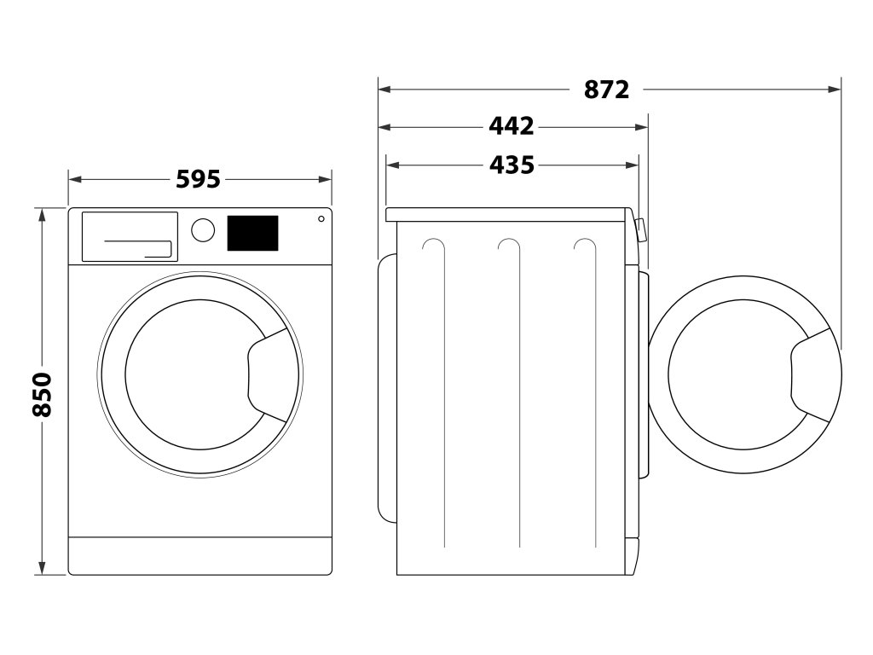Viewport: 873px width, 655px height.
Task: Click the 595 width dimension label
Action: (x=198, y=180)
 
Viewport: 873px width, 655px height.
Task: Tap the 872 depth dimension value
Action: (x=607, y=89)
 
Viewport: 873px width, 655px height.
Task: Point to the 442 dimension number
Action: (x=512, y=127)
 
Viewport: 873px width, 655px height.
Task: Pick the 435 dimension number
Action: (x=512, y=165)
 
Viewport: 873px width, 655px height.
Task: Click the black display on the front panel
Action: (x=252, y=233)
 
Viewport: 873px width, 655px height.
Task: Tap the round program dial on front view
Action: (x=203, y=230)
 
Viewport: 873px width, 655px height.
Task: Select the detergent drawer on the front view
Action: (x=130, y=236)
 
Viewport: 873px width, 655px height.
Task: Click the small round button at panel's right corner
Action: (x=321, y=218)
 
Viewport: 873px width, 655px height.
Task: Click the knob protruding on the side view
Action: (x=642, y=229)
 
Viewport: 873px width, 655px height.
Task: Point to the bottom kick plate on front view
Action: (x=199, y=555)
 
